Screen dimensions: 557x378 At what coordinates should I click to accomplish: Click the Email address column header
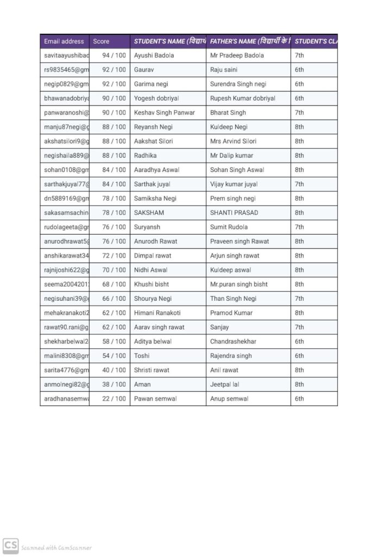tap(64, 41)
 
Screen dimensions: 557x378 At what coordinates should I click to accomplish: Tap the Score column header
tap(101, 41)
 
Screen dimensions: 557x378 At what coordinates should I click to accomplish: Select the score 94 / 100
tap(114, 55)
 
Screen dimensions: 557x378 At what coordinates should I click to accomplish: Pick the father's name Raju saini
tap(224, 70)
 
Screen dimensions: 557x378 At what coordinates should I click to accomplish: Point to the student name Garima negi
tap(152, 84)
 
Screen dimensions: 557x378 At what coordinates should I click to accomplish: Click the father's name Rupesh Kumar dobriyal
tap(243, 98)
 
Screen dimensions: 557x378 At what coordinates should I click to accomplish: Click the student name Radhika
tap(146, 156)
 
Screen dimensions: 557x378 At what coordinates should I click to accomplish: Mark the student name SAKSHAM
tap(149, 213)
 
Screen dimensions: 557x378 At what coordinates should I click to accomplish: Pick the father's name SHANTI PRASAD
tap(234, 213)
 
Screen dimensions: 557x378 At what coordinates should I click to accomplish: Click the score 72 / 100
tap(114, 256)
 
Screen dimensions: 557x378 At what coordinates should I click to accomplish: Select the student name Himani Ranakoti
tap(157, 313)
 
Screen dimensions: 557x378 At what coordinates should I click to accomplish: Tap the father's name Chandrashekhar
tap(233, 342)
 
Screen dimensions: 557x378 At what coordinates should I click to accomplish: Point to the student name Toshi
tap(142, 356)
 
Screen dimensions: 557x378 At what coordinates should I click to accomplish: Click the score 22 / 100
tap(114, 399)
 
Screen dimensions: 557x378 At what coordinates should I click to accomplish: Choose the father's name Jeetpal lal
tap(225, 385)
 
